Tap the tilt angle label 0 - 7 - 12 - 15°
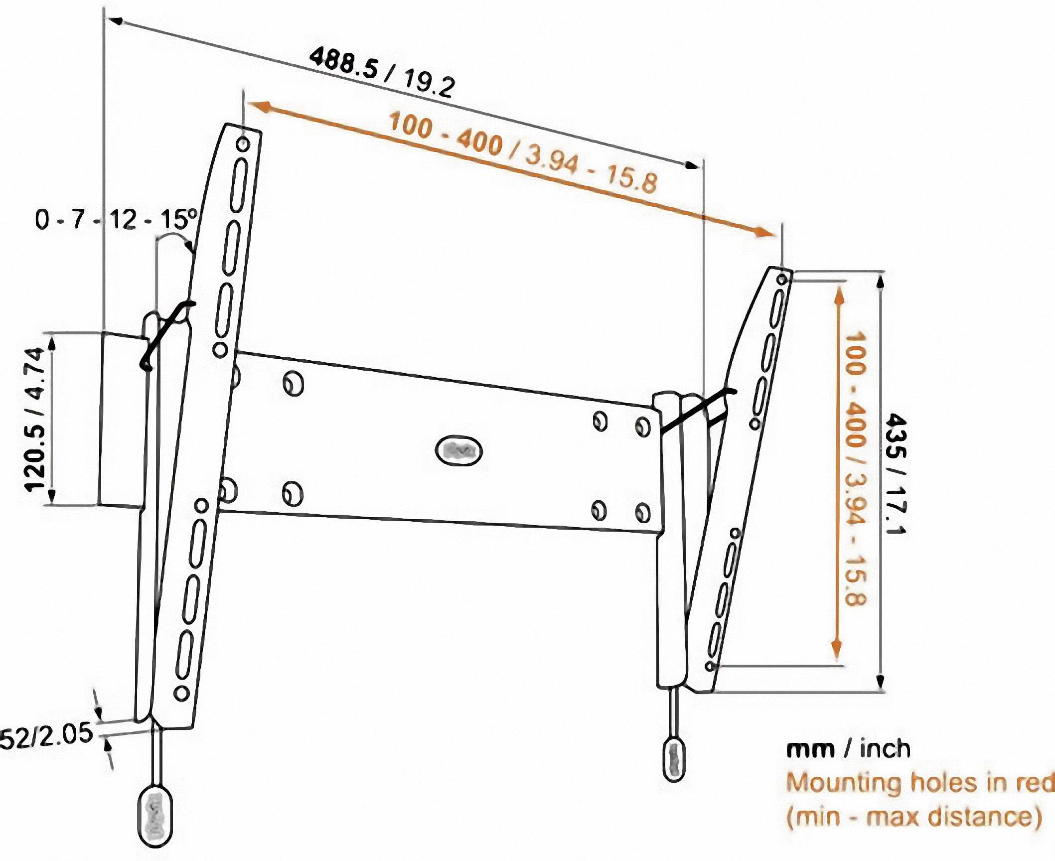point(116,219)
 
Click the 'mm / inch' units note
point(848,748)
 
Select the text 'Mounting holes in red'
point(919,783)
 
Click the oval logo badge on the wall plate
point(458,451)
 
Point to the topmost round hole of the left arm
point(243,144)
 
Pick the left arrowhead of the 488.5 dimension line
point(115,20)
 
